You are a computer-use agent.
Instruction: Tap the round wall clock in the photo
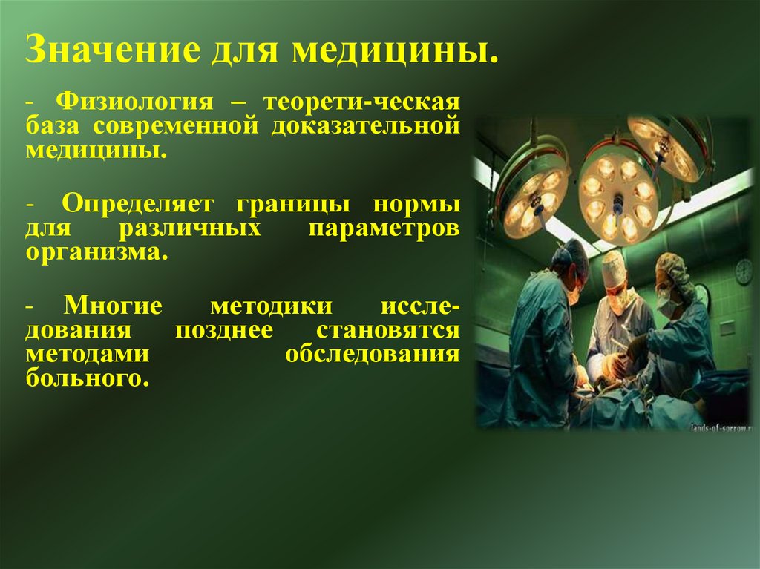[744, 271]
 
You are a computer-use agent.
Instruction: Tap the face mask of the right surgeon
[666, 306]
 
